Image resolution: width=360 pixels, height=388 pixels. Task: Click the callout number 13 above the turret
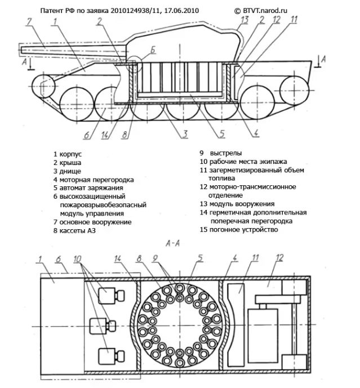(x=245, y=20)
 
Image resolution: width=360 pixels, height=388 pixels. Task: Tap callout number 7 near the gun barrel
(x=29, y=21)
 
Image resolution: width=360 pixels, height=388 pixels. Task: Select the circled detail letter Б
(x=153, y=50)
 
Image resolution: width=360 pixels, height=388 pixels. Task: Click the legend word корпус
(x=70, y=154)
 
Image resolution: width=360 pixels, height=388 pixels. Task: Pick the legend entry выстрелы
(x=226, y=153)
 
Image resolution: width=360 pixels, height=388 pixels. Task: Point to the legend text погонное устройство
(x=243, y=230)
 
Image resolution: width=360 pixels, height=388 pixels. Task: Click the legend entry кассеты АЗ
(x=78, y=231)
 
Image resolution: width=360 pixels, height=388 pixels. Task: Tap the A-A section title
(x=173, y=244)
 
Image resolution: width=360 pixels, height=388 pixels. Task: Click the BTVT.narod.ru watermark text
(x=265, y=11)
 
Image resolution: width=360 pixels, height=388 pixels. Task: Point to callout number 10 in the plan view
(x=77, y=259)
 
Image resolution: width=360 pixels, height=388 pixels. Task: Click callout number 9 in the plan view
(x=155, y=258)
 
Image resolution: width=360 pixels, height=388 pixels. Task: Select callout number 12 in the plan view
(x=279, y=258)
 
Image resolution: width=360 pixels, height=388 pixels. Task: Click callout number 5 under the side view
(x=222, y=134)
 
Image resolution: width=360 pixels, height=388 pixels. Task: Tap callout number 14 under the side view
(x=105, y=135)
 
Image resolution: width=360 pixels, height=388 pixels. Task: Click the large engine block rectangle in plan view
(x=263, y=335)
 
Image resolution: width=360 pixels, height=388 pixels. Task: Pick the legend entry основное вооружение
(x=96, y=222)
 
